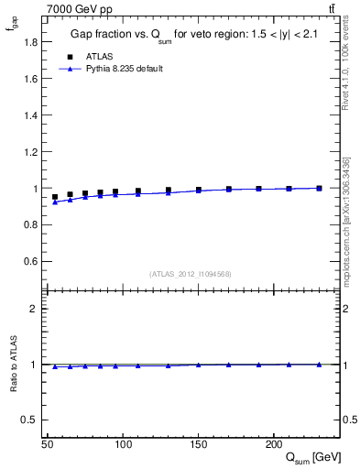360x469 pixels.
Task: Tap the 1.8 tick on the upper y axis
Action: [x=30, y=42]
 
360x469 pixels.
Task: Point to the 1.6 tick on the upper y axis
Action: [x=30, y=79]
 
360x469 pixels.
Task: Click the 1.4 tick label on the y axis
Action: [x=30, y=115]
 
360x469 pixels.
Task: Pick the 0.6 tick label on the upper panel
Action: [x=30, y=262]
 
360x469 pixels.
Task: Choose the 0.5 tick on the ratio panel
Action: [x=32, y=420]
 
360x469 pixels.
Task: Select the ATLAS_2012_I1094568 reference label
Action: [x=191, y=274]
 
